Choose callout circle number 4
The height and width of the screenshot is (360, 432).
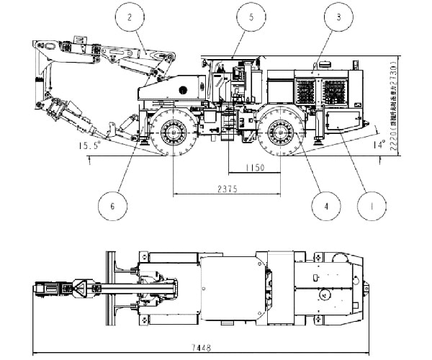pyautogui.click(x=325, y=206)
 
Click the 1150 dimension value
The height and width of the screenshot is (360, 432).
pyautogui.click(x=252, y=167)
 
